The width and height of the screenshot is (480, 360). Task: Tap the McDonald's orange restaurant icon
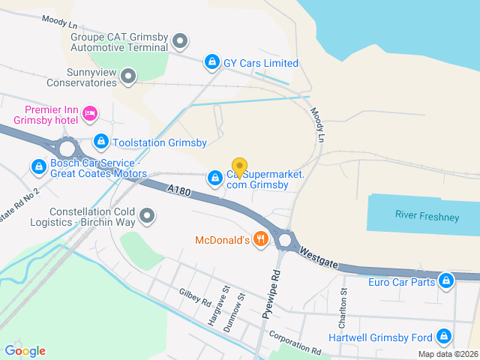tap(261, 239)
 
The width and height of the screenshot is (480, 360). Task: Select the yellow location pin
tap(239, 166)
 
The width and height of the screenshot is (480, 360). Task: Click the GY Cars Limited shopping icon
tap(212, 62)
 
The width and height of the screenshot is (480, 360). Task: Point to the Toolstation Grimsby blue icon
tap(101, 141)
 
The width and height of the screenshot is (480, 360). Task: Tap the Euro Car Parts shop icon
tap(446, 281)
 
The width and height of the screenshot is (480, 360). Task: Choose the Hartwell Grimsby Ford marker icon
tap(444, 336)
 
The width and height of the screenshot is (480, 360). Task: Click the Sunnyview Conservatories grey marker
tap(128, 76)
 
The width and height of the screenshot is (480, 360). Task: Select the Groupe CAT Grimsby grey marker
tap(179, 40)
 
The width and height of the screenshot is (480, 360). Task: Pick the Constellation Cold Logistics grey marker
tap(148, 217)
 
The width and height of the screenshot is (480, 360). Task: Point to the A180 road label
tap(179, 193)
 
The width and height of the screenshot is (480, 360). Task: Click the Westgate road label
tap(320, 255)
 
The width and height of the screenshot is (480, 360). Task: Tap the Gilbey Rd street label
tap(195, 298)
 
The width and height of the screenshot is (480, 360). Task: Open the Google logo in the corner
tap(25, 350)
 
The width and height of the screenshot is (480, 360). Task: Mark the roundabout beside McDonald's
tap(284, 240)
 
